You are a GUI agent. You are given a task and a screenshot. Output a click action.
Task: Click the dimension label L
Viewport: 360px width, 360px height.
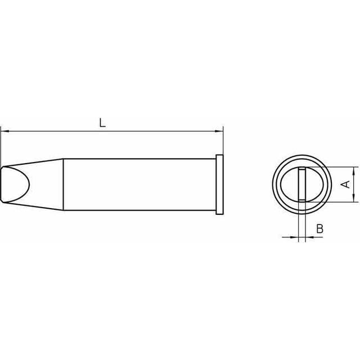pos(102,123)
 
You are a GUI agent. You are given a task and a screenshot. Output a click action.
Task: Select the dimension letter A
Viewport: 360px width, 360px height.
pos(346,184)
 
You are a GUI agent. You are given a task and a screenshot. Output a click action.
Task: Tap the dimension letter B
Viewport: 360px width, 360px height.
pos(320,229)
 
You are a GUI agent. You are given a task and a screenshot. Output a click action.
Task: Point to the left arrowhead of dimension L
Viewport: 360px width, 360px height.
pos(4,131)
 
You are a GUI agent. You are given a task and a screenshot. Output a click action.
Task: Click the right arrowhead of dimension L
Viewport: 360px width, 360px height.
pos(219,131)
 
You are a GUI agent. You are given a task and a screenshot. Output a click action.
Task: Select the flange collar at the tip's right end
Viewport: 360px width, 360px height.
pos(219,184)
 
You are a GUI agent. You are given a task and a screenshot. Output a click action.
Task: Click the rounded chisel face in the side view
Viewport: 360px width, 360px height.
pos(16,184)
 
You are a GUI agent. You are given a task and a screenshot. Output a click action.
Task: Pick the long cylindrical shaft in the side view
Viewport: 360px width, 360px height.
pos(139,184)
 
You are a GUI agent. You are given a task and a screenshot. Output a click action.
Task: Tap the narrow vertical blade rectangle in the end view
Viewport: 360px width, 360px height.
pos(302,184)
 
